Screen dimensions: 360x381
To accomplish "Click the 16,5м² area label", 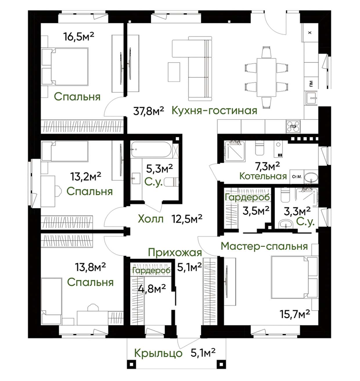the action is point(79,37).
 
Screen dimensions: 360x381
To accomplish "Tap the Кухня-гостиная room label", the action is point(214,110).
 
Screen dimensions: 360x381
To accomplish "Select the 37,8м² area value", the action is point(149,111).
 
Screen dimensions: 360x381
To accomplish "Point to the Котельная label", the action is point(263,176).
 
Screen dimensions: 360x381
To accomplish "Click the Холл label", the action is point(151,219).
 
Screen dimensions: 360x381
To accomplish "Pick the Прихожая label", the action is point(175,252).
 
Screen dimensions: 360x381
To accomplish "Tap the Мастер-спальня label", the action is point(264,246).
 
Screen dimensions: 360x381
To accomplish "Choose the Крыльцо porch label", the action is point(158,353).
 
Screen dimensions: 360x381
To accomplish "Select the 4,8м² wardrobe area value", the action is point(152,289).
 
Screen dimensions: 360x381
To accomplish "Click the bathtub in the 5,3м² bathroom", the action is point(151,149).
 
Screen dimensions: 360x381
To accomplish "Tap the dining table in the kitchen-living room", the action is point(266,77).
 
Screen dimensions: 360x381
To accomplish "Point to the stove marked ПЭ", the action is point(293,126).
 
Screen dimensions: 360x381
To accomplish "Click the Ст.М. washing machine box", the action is point(297,177).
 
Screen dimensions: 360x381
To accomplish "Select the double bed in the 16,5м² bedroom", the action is point(65,66).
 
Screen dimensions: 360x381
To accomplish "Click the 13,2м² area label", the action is point(86,177).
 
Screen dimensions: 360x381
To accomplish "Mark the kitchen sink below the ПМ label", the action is point(311,98).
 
